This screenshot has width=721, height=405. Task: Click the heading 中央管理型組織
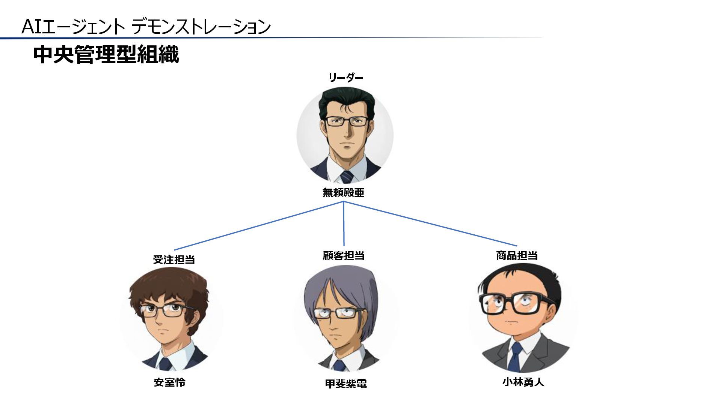pos(106,55)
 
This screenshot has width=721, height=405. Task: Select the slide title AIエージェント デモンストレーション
pos(146,27)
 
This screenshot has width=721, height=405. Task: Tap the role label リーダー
pos(345,78)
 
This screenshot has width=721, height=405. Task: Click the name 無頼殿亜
pos(343,193)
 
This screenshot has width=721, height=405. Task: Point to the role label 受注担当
pos(173,259)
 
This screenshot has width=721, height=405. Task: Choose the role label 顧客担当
pos(344,256)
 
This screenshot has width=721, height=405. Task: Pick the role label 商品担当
pos(517,256)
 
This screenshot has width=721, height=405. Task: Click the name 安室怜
pos(169,382)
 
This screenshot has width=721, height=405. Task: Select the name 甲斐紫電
pos(345,384)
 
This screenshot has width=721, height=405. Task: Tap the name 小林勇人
pos(523,382)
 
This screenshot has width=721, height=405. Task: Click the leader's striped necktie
pos(347,177)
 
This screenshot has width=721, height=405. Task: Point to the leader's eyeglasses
pos(346,121)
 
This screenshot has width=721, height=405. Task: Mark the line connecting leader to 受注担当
pos(259,226)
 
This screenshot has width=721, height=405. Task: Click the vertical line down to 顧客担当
pos(344,225)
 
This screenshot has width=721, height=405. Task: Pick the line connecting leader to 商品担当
pos(430,224)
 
